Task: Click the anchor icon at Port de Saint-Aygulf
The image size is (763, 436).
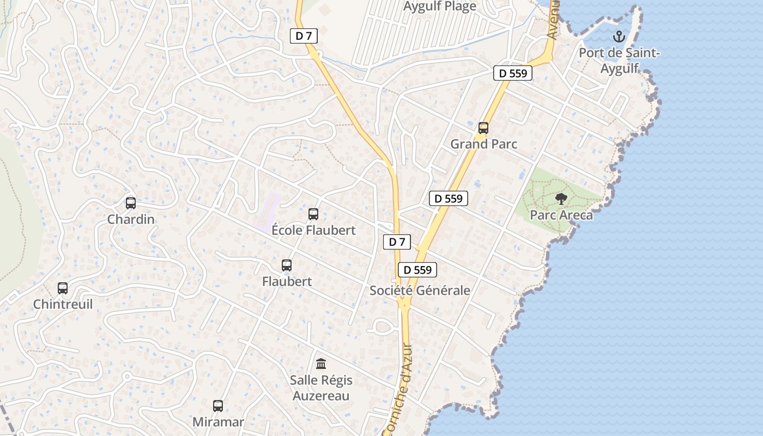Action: pyautogui.click(x=619, y=37)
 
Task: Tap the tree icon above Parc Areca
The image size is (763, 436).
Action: pyautogui.click(x=561, y=199)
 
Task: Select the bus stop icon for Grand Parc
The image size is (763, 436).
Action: pyautogui.click(x=483, y=128)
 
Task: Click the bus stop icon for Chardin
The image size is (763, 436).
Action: pyautogui.click(x=131, y=203)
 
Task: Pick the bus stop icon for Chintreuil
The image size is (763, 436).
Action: pyautogui.click(x=63, y=288)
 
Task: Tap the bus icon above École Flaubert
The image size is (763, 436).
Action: pyautogui.click(x=313, y=214)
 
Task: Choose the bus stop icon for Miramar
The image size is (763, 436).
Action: pyautogui.click(x=218, y=406)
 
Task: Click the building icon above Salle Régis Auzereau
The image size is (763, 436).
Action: pyautogui.click(x=321, y=364)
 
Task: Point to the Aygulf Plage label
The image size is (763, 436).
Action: pyautogui.click(x=440, y=7)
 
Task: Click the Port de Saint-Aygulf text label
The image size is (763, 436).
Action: pyautogui.click(x=619, y=60)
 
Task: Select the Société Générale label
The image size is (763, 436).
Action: pyautogui.click(x=420, y=290)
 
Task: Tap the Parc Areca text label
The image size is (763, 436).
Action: pyautogui.click(x=561, y=215)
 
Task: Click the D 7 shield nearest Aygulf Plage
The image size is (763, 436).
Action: pyautogui.click(x=304, y=37)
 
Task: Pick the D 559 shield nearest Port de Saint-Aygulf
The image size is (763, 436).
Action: pyautogui.click(x=513, y=73)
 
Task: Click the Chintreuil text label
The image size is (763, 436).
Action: pyautogui.click(x=63, y=304)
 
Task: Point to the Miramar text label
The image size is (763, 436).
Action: pyautogui.click(x=218, y=422)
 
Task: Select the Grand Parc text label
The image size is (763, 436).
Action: pyautogui.click(x=483, y=144)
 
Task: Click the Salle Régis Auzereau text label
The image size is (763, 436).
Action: pyautogui.click(x=321, y=387)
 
